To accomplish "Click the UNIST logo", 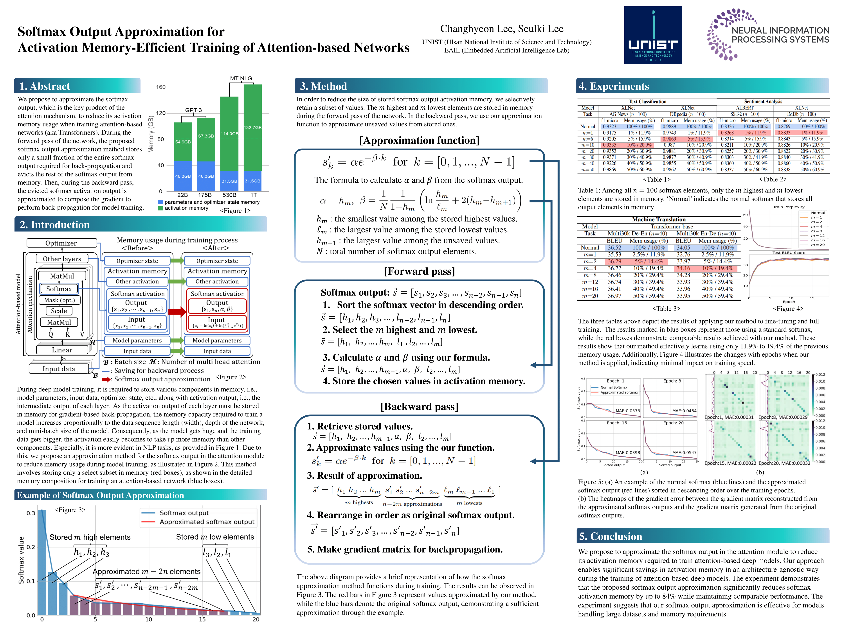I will coord(653,35).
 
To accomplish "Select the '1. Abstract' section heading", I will coord(45,86).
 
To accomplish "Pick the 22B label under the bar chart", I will coord(183,195).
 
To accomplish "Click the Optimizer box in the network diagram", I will coord(61,243).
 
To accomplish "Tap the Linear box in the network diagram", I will coord(62,350).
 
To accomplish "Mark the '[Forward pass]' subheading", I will coord(419,271).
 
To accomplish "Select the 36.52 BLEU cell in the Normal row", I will coord(614,248).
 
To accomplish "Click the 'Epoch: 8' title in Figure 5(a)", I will coord(672,381).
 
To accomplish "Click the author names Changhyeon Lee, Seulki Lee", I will coord(502,29).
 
